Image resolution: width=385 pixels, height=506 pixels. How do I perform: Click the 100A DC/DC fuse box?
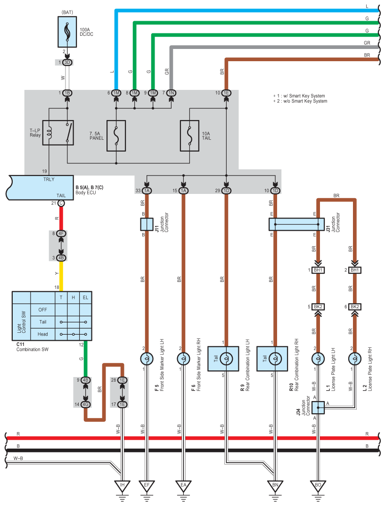(67, 32)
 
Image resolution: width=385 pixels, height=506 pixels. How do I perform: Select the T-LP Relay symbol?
(58, 133)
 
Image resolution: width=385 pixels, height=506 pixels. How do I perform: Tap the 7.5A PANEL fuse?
(116, 136)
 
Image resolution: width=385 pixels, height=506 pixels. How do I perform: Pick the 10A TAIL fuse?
(189, 136)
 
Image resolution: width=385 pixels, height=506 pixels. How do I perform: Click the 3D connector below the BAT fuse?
(67, 62)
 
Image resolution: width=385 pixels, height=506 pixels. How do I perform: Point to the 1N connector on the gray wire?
(172, 93)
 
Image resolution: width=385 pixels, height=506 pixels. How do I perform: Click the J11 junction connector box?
(147, 224)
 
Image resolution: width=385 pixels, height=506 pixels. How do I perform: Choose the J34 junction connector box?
(318, 408)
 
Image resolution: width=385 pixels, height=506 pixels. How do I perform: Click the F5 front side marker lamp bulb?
(147, 359)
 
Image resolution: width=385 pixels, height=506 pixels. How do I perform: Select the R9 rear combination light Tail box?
(223, 359)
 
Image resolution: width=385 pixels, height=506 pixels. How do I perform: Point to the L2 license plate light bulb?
(355, 359)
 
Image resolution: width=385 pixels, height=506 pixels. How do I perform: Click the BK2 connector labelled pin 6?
(355, 306)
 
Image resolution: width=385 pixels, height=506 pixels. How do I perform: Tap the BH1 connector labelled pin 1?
(318, 270)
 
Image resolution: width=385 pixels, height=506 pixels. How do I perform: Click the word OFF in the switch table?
(42, 310)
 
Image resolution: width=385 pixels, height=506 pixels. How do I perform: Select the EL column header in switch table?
(86, 297)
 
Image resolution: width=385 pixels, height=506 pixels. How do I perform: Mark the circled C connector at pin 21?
(61, 203)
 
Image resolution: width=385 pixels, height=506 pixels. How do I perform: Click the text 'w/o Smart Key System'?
(305, 101)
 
